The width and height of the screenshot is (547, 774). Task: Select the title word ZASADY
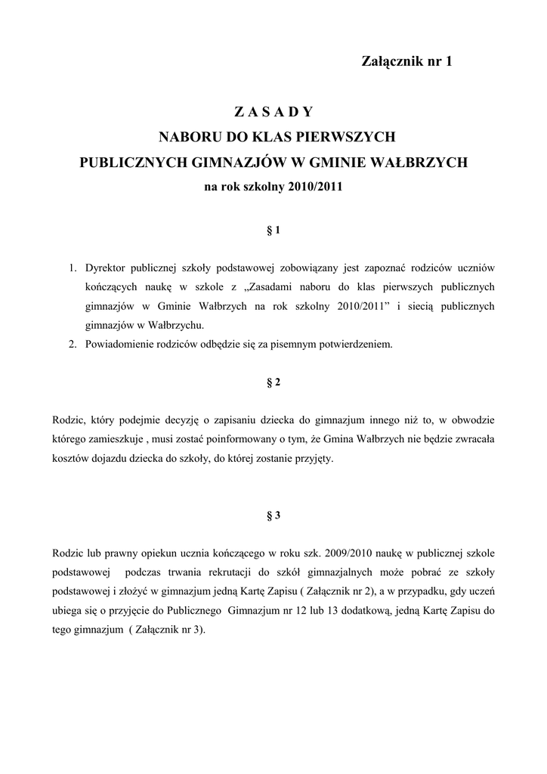coord(273,112)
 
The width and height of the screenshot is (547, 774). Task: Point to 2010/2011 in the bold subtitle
coord(315,185)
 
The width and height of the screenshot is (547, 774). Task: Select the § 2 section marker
coord(273,382)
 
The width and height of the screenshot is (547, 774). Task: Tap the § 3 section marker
coord(273,515)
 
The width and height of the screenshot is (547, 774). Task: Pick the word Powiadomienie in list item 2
coord(119,344)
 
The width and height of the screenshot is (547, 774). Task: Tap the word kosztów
coord(71,459)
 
